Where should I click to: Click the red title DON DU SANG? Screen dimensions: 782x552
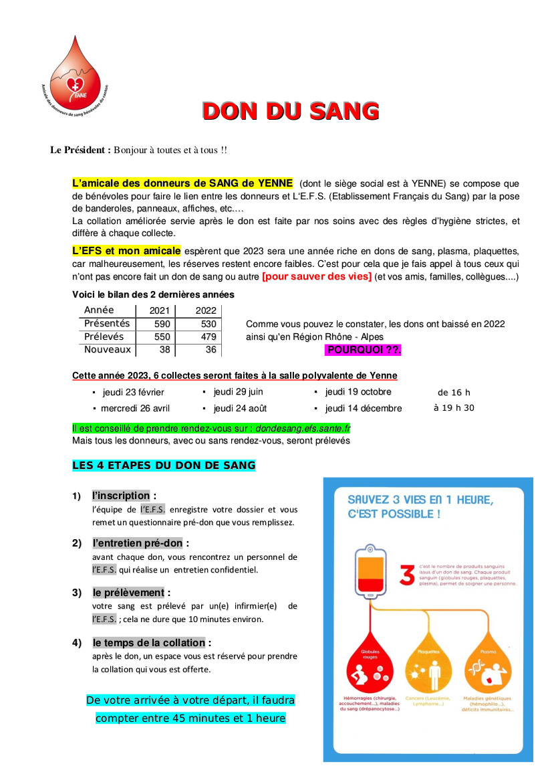(291, 111)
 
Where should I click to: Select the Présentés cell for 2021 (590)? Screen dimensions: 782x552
(162, 324)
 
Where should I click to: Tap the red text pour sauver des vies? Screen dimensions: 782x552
(316, 277)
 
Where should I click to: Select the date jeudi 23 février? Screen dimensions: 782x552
(133, 393)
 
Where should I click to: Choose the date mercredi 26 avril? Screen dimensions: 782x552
(135, 408)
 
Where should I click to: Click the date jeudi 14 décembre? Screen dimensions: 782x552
(364, 408)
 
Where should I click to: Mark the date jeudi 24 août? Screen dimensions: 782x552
(240, 408)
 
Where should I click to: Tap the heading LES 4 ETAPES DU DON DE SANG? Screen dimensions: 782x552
(164, 465)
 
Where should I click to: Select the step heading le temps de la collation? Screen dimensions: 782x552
(149, 643)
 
